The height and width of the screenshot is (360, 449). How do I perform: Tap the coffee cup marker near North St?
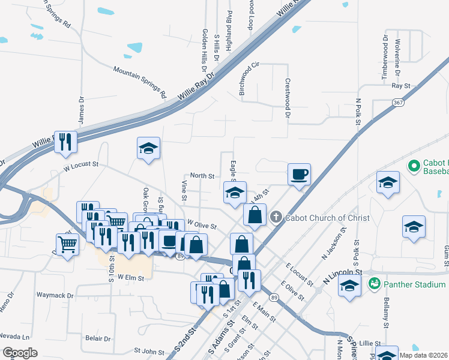pyautogui.click(x=299, y=175)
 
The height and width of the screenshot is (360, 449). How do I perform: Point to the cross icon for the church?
pyautogui.click(x=276, y=217)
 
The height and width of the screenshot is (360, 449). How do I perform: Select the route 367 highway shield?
pyautogui.click(x=397, y=103)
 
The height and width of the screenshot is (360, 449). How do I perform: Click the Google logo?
pyautogui.click(x=20, y=352)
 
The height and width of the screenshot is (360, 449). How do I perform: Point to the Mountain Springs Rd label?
pyautogui.click(x=140, y=82)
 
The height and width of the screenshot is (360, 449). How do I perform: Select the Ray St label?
pyautogui.click(x=400, y=86)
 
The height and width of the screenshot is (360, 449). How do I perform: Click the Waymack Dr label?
pyautogui.click(x=55, y=295)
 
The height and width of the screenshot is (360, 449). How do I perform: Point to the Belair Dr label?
pyautogui.click(x=98, y=338)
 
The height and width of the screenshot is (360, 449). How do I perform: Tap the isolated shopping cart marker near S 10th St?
pyautogui.click(x=67, y=244)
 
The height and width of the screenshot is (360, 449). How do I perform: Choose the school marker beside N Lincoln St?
pyautogui.click(x=349, y=286)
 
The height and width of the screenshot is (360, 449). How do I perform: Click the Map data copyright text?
pyautogui.click(x=423, y=355)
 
